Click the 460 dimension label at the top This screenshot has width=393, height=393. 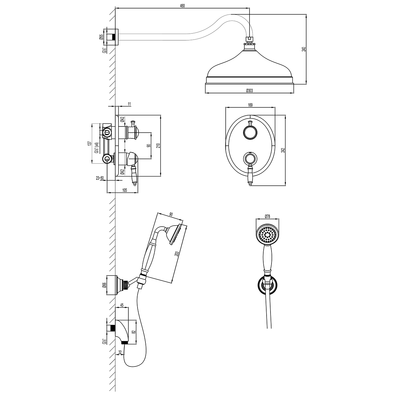[x=182, y=6]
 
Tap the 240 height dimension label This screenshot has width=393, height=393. [x=304, y=49]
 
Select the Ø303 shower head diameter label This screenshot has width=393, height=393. [x=250, y=90]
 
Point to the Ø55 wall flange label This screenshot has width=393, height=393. [x=101, y=37]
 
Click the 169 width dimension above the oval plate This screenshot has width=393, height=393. [x=250, y=105]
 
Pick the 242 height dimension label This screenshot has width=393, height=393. [x=282, y=150]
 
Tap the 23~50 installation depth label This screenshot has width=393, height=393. [x=100, y=178]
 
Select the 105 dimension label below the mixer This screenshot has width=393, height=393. [x=124, y=190]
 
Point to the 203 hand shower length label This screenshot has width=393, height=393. [x=177, y=253]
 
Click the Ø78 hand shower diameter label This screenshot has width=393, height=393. [x=267, y=216]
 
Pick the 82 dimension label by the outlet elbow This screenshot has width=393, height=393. [x=134, y=332]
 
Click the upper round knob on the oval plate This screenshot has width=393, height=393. [x=250, y=132]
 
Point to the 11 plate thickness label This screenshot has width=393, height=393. [x=129, y=104]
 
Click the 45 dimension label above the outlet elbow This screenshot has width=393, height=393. [x=122, y=311]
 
